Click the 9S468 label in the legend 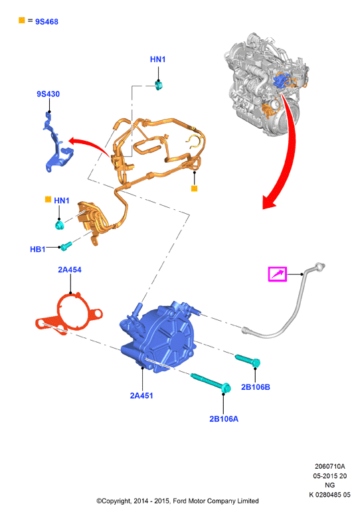click(x=46, y=22)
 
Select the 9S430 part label click(x=48, y=94)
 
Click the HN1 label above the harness click(x=157, y=59)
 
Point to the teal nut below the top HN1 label click(x=159, y=86)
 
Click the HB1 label click(x=38, y=250)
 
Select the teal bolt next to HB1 click(x=66, y=246)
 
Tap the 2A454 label click(x=70, y=270)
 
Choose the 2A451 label click(x=141, y=396)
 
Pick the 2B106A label click(x=224, y=419)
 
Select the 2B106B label click(x=256, y=387)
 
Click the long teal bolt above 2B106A click(x=211, y=383)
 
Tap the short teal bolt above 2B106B click(x=248, y=360)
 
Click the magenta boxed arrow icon click(x=278, y=274)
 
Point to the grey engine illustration click(x=266, y=84)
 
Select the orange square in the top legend click(x=22, y=21)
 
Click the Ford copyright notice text click(x=177, y=501)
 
